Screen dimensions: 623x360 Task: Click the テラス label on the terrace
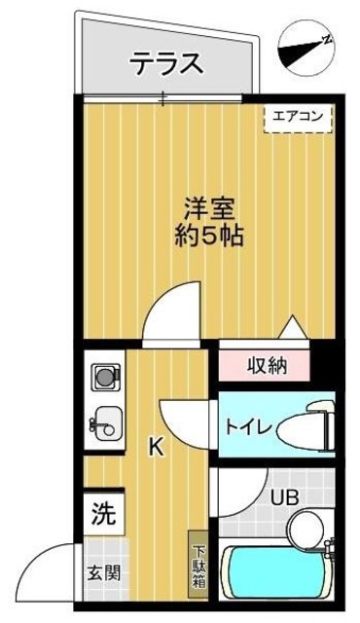[166, 65]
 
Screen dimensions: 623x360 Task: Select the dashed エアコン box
[300, 117]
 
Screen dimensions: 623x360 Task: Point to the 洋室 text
[209, 208]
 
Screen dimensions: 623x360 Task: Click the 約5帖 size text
[209, 236]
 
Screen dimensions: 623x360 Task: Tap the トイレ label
[247, 424]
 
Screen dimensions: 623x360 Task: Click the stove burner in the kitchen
[102, 376]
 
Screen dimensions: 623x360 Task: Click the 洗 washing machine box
[102, 511]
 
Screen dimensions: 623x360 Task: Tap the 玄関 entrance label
[104, 573]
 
